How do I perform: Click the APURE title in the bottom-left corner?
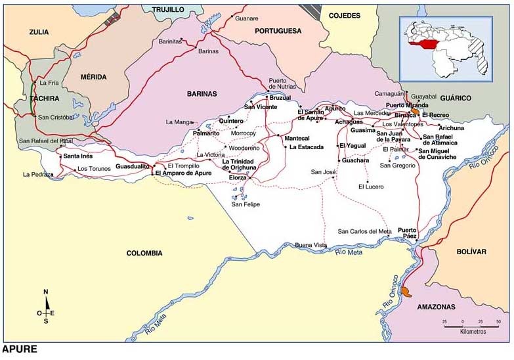(x=20, y=349)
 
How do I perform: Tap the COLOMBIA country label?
(x=144, y=253)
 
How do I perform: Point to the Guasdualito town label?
(x=134, y=168)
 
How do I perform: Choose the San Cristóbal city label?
(x=57, y=118)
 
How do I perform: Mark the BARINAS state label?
(x=202, y=94)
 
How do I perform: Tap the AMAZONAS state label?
(x=436, y=307)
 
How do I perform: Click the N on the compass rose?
(x=45, y=292)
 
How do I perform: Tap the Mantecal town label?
(x=296, y=139)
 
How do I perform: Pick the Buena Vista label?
(x=311, y=245)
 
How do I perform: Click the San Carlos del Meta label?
(x=364, y=231)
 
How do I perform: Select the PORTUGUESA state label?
(x=278, y=31)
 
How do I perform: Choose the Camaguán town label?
(x=390, y=94)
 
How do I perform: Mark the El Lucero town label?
(x=370, y=187)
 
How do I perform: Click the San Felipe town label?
(x=246, y=204)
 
